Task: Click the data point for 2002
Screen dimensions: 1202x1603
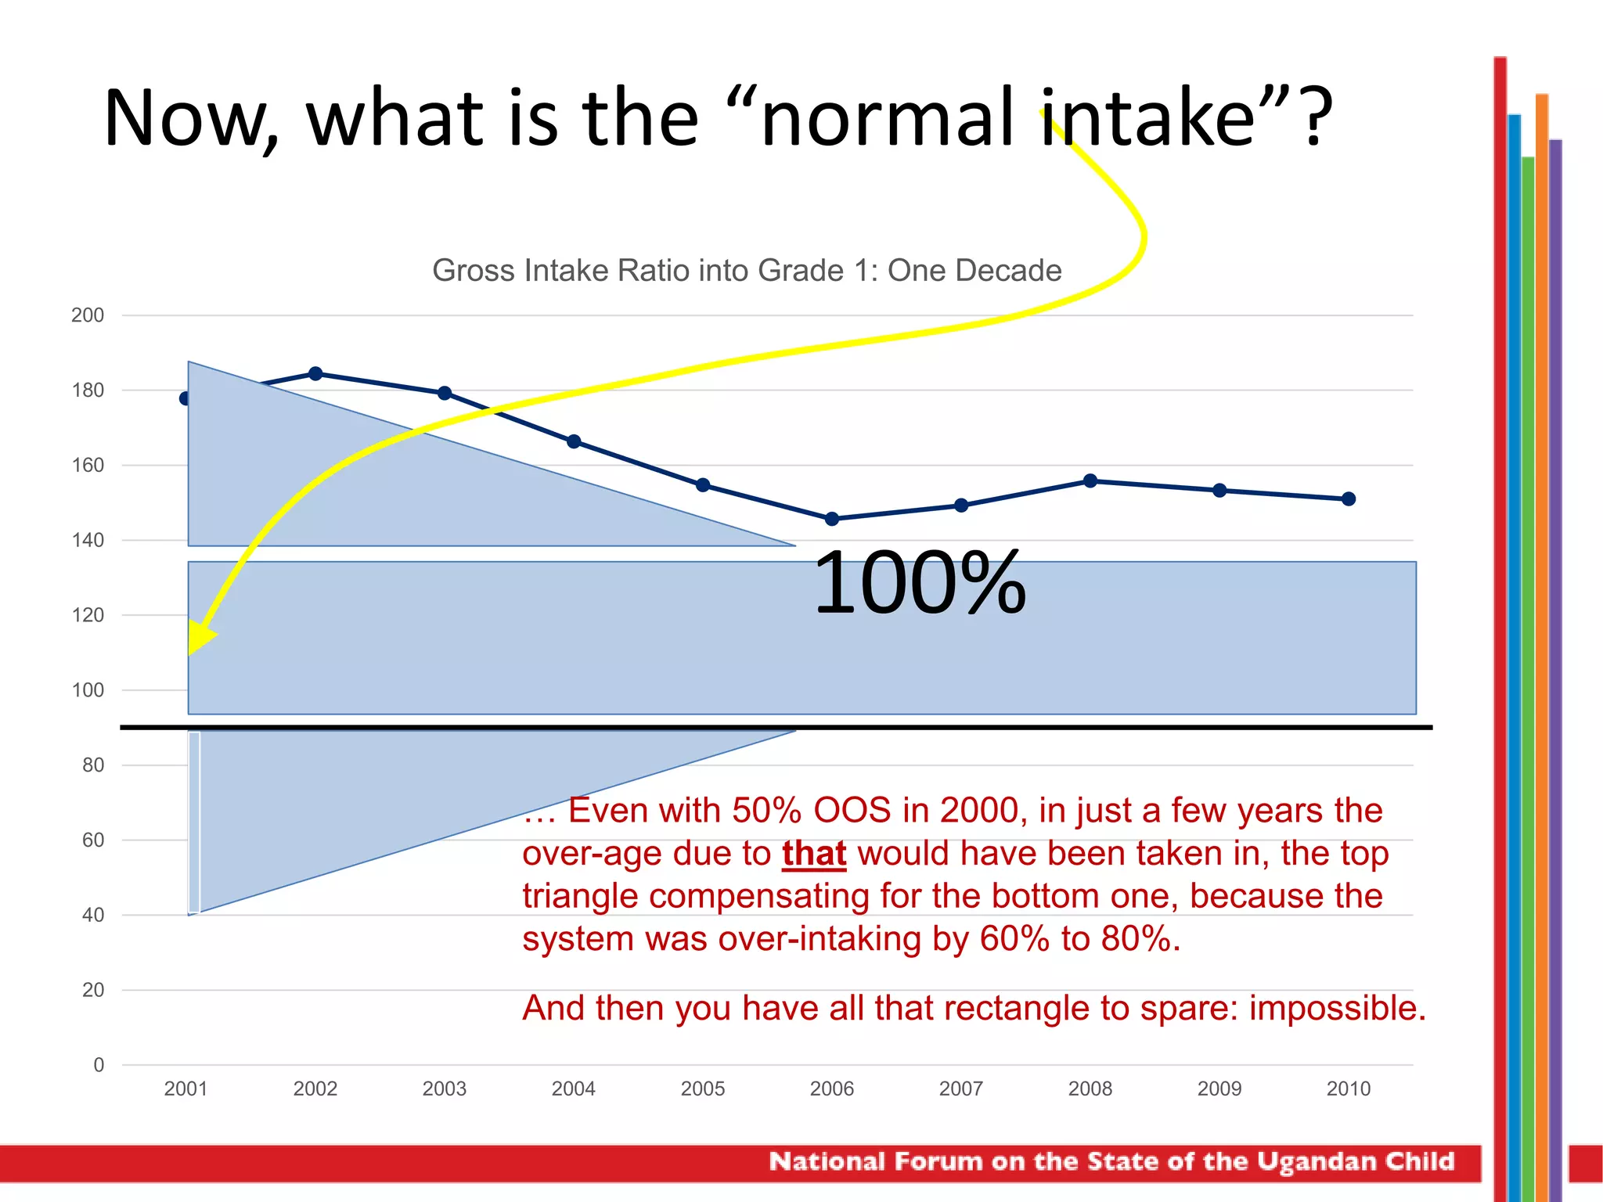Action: click(315, 373)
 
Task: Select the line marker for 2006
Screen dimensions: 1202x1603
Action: click(832, 519)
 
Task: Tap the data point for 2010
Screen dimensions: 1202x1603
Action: click(1349, 498)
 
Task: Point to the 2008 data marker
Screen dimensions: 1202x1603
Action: click(1090, 480)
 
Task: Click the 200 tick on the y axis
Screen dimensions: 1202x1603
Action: click(88, 315)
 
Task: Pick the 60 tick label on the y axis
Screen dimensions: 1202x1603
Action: click(93, 840)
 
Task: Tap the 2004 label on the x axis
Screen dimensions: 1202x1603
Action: click(574, 1089)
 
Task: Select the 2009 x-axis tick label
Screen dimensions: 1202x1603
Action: click(1219, 1089)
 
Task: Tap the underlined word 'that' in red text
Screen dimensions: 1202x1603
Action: click(814, 854)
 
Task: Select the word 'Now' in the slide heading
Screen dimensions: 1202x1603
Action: click(190, 119)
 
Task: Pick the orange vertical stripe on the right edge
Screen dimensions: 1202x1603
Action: click(1542, 626)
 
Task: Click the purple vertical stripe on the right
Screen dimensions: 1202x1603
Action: click(1555, 626)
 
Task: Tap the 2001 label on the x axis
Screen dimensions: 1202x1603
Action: click(186, 1089)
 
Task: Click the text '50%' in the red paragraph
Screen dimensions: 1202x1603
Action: click(766, 811)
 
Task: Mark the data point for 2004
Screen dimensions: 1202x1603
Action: click(574, 441)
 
